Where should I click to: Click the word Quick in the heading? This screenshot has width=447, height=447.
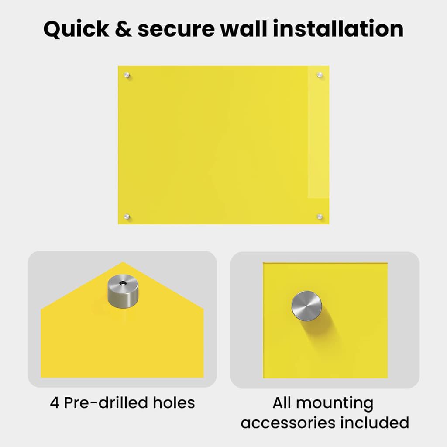click(76, 29)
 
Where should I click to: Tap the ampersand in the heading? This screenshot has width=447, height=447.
click(124, 29)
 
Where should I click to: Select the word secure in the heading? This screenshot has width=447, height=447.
click(176, 30)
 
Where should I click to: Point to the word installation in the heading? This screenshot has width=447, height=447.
click(338, 28)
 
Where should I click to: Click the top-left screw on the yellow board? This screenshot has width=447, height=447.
click(127, 75)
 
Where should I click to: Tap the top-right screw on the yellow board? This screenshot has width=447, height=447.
click(320, 75)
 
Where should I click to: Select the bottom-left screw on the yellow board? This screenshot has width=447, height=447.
click(127, 217)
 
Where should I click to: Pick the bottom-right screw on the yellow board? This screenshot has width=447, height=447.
click(320, 217)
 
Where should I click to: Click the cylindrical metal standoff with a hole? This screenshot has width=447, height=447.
click(123, 291)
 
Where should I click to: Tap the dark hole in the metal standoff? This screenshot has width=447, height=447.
click(123, 283)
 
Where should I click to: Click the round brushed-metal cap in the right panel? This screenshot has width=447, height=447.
click(306, 306)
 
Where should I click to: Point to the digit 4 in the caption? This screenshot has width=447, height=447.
click(55, 403)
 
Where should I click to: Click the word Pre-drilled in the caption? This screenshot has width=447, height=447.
click(106, 402)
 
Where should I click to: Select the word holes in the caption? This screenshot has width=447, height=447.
click(174, 402)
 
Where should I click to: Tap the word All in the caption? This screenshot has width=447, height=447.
click(282, 402)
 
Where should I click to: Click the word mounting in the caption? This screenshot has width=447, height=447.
click(335, 404)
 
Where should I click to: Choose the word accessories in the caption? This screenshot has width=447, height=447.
click(288, 423)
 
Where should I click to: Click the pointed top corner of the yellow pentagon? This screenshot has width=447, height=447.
click(123, 262)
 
